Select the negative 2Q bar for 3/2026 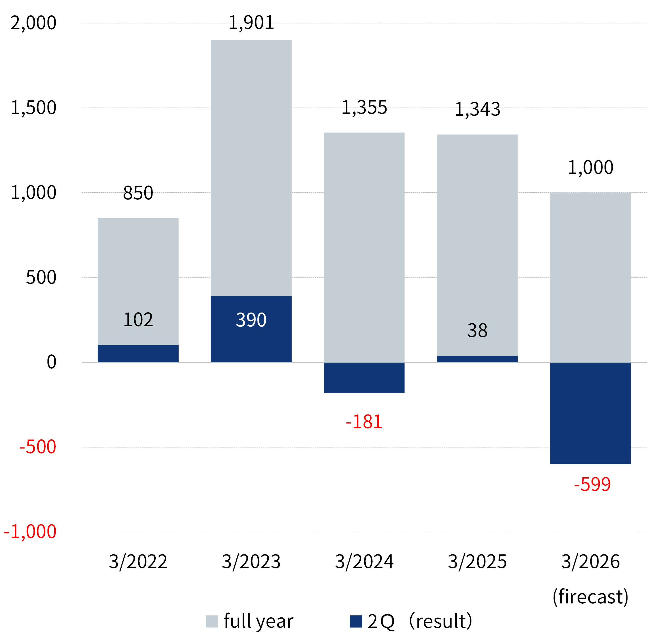pos(590,413)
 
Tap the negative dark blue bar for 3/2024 pos(364,378)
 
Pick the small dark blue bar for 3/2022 pos(138,353)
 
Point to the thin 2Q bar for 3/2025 pos(477,359)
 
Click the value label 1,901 pos(251,23)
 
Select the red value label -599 pos(592,484)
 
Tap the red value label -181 pos(364,422)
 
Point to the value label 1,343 pos(477,109)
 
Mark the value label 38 pos(477,331)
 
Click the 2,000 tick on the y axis pos(33,23)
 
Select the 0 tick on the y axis pos(51,362)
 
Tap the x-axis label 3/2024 pos(364,562)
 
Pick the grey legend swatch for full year pos(212,621)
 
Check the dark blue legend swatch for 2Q pos(356,621)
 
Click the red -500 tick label pos(38,447)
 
